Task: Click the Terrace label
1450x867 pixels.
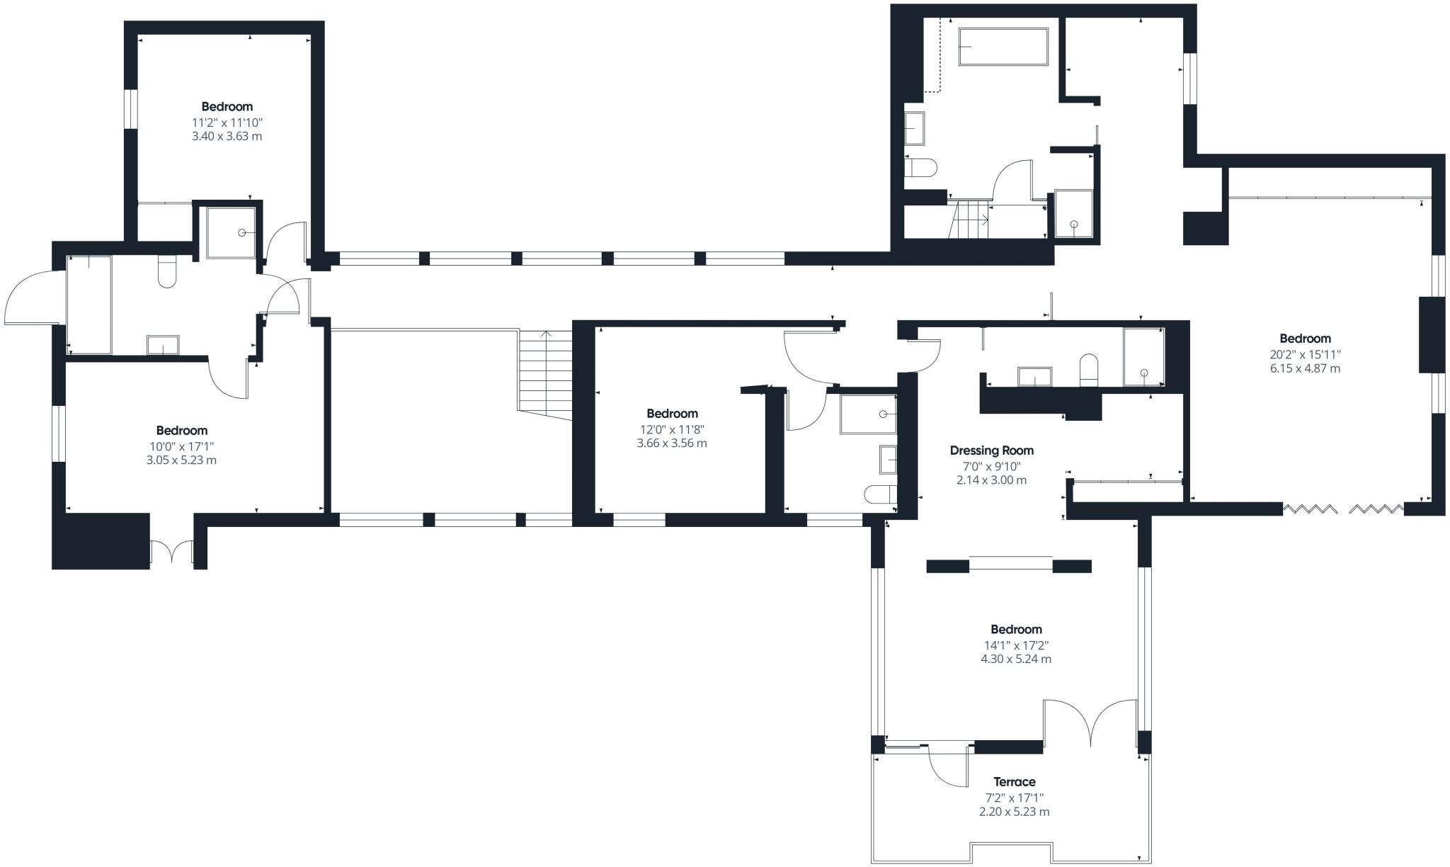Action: pos(1014,782)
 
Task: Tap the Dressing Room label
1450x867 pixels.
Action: pos(991,450)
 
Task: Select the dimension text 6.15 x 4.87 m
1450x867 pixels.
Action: pos(1305,368)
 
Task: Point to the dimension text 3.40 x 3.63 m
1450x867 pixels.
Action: pos(227,136)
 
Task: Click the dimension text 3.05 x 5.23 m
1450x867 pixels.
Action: pos(181,460)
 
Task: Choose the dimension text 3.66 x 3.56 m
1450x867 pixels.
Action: pos(672,443)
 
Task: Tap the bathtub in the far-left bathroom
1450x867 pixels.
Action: pos(89,305)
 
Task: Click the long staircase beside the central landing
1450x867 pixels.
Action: pos(545,375)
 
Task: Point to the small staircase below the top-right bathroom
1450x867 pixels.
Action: pos(969,220)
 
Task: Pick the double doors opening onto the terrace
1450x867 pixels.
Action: pos(1091,722)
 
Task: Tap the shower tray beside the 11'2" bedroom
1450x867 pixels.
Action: pos(230,232)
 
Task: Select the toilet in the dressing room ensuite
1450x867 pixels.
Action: pos(1088,371)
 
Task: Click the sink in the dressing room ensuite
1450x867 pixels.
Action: pos(1034,377)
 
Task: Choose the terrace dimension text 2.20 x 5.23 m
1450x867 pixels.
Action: pos(1015,812)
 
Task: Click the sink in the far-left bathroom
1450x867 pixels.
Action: pos(163,345)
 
